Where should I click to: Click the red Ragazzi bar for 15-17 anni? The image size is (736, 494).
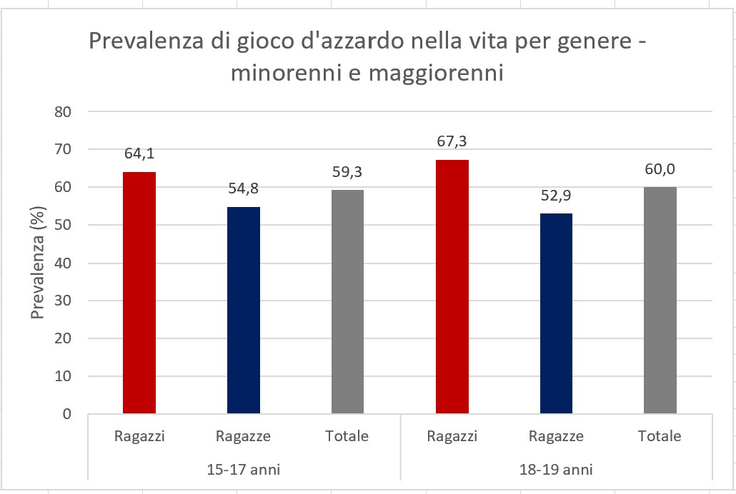click(139, 293)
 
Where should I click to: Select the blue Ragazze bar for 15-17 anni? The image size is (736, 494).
click(244, 310)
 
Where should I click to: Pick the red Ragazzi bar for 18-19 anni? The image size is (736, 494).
click(452, 286)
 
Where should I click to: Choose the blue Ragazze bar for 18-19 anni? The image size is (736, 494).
click(556, 313)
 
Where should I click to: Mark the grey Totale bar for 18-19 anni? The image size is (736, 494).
click(660, 300)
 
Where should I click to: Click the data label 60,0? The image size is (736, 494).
click(660, 171)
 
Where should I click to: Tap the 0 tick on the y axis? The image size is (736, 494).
click(69, 414)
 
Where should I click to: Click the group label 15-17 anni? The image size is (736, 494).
click(244, 470)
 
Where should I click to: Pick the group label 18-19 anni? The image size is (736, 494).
click(556, 470)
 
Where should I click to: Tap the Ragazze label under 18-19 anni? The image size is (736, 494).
click(556, 436)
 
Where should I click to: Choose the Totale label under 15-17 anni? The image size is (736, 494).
click(348, 436)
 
